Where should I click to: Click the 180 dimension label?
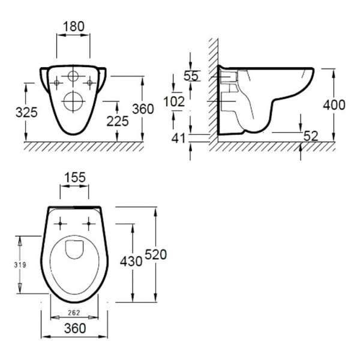(x=74, y=26)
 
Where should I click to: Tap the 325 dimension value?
(x=26, y=113)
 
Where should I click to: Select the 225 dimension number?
(x=118, y=121)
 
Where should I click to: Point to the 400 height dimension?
(x=334, y=105)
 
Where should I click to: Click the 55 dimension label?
(x=191, y=76)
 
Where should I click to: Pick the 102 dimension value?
(x=174, y=101)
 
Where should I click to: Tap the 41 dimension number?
(x=178, y=138)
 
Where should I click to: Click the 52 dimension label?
(x=311, y=136)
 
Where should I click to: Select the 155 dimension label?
(x=75, y=178)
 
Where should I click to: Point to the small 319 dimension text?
(x=20, y=265)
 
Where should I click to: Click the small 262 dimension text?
(x=74, y=313)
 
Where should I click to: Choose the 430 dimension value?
(x=131, y=262)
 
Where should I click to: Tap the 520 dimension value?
(x=156, y=255)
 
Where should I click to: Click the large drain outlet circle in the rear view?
(x=73, y=101)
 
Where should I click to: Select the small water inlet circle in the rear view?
(x=73, y=76)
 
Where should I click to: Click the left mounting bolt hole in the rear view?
(x=56, y=83)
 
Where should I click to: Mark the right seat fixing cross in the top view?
(x=89, y=223)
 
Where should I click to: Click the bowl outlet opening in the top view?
(x=74, y=250)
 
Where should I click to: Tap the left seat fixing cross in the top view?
(x=60, y=223)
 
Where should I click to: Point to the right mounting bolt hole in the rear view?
(x=90, y=83)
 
